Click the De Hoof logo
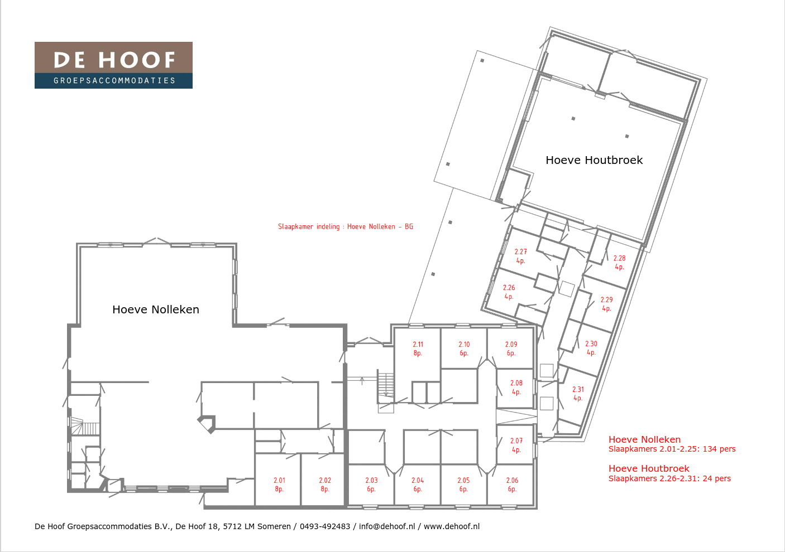[113, 65]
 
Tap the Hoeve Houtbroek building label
[594, 161]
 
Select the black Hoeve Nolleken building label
[156, 309]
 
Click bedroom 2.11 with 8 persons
[418, 348]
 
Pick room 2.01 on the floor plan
[279, 485]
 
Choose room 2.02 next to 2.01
[325, 485]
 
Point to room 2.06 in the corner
[512, 485]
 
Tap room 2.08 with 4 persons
[516, 388]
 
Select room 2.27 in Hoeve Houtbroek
[520, 256]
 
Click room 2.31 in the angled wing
[578, 394]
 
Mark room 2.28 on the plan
[619, 263]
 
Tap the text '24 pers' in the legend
[717, 478]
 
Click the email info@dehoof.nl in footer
[387, 526]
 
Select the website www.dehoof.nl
[452, 526]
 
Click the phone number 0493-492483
[325, 526]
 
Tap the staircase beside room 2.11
[385, 385]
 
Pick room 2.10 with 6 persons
[464, 348]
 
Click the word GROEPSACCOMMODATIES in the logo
[114, 81]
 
